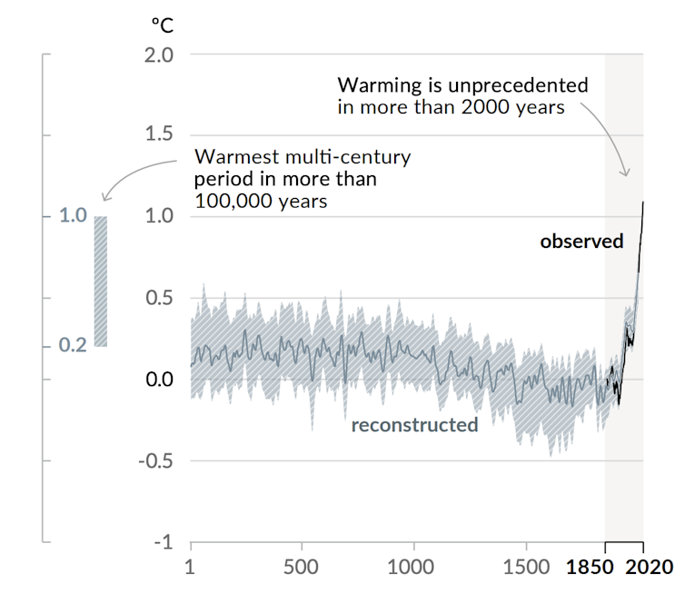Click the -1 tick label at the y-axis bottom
click(x=161, y=542)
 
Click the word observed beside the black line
click(x=581, y=242)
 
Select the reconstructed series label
click(x=414, y=425)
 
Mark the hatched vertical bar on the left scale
click(x=101, y=282)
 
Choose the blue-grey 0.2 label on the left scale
click(x=73, y=346)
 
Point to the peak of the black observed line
click(x=643, y=203)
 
